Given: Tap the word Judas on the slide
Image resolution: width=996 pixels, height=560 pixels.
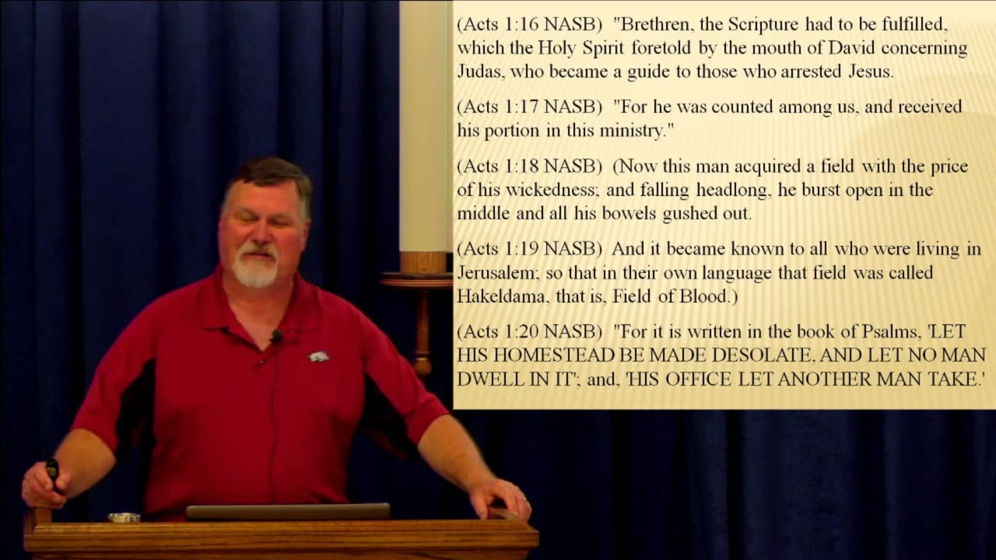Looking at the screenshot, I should [x=479, y=72].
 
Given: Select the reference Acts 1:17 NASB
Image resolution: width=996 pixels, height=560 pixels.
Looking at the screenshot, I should [x=529, y=107].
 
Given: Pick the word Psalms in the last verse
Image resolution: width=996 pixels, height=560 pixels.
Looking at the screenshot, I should [x=891, y=332].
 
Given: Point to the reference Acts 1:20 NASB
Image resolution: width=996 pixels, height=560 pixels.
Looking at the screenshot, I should [x=529, y=332].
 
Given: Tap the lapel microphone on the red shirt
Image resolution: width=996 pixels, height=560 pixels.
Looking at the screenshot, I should [x=276, y=336].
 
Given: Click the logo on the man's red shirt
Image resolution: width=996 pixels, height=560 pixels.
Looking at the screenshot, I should [x=317, y=356].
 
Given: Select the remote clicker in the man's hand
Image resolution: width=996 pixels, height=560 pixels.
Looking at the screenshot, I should [x=53, y=471].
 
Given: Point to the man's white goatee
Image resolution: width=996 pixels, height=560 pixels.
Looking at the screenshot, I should [x=254, y=269].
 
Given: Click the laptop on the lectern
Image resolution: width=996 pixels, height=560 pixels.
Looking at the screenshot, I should [x=288, y=511].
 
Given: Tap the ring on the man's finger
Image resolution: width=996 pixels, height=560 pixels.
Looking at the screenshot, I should [x=525, y=500].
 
